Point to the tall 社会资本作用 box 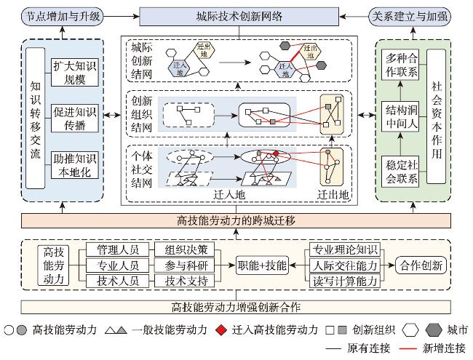pos(434,116)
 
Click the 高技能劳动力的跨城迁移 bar pos(236,220)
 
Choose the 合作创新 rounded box pos(421,265)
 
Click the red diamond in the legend pos(220,329)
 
